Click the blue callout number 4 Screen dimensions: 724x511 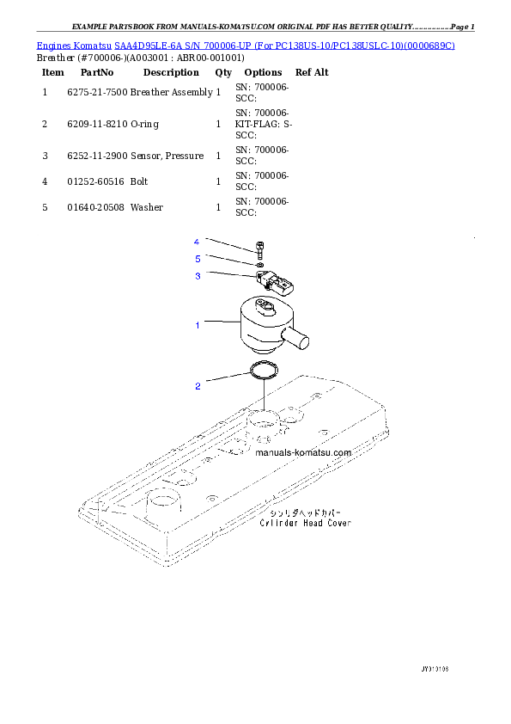(197, 242)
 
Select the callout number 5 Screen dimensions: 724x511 (197, 258)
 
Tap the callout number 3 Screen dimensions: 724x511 (197, 276)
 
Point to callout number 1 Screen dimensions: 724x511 (197, 325)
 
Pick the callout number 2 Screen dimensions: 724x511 (197, 386)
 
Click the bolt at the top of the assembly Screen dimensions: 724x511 (259, 250)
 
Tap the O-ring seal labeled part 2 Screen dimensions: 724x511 (264, 371)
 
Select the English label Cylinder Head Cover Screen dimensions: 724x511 (305, 523)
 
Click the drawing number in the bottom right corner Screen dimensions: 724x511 (435, 668)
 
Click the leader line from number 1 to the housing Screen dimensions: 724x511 (221, 323)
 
